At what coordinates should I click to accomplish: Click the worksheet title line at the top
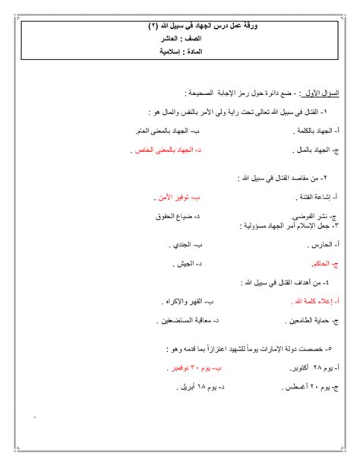point(180,27)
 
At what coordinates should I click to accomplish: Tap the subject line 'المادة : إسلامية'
point(180,52)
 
